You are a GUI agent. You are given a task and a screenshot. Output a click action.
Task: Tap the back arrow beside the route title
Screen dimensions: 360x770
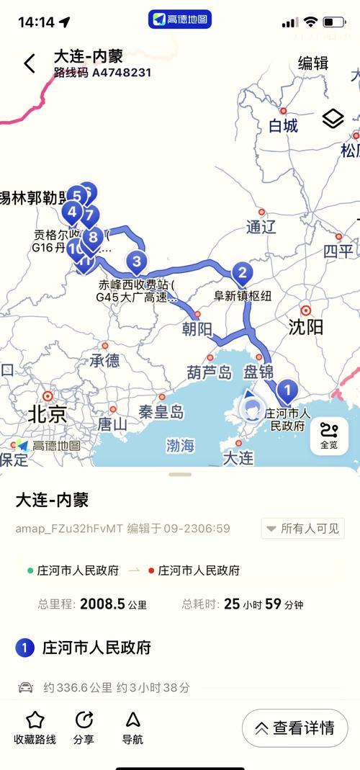point(30,63)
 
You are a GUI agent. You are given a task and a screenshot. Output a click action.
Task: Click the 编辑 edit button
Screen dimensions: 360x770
point(312,63)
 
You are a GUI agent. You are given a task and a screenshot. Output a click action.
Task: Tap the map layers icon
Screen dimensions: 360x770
point(333,118)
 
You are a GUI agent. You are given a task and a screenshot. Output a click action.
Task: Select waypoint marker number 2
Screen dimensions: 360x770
point(243,272)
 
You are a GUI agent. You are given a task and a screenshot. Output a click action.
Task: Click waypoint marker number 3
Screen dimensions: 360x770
point(137,261)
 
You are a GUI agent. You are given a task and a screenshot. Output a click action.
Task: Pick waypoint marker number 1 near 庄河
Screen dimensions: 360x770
point(287,391)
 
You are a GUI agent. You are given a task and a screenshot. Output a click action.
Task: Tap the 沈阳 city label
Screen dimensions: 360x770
point(305,328)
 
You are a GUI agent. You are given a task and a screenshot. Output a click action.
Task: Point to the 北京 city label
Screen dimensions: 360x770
point(48,414)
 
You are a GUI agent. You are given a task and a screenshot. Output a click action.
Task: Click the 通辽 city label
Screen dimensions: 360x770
point(261,227)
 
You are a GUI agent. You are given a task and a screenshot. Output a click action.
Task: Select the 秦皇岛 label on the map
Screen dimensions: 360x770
point(161,413)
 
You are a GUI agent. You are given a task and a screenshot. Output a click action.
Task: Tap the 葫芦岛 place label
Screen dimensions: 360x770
point(209,372)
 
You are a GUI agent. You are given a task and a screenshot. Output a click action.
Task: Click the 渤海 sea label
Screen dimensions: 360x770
point(180,446)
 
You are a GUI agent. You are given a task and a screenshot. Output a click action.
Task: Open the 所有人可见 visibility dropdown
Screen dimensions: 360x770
point(302,529)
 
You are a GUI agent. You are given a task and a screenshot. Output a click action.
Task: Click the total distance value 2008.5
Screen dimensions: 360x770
point(103,604)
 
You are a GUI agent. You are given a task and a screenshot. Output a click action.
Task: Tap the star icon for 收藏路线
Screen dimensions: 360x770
point(35,720)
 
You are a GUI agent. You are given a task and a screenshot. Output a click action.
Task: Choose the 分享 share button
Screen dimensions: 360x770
point(84,720)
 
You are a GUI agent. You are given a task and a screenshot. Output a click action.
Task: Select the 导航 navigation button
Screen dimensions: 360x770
point(132,720)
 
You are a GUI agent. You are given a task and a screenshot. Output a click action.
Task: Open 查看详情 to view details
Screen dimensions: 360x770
point(294,728)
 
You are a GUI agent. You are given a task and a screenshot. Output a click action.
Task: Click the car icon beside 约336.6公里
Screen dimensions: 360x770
point(26,687)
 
